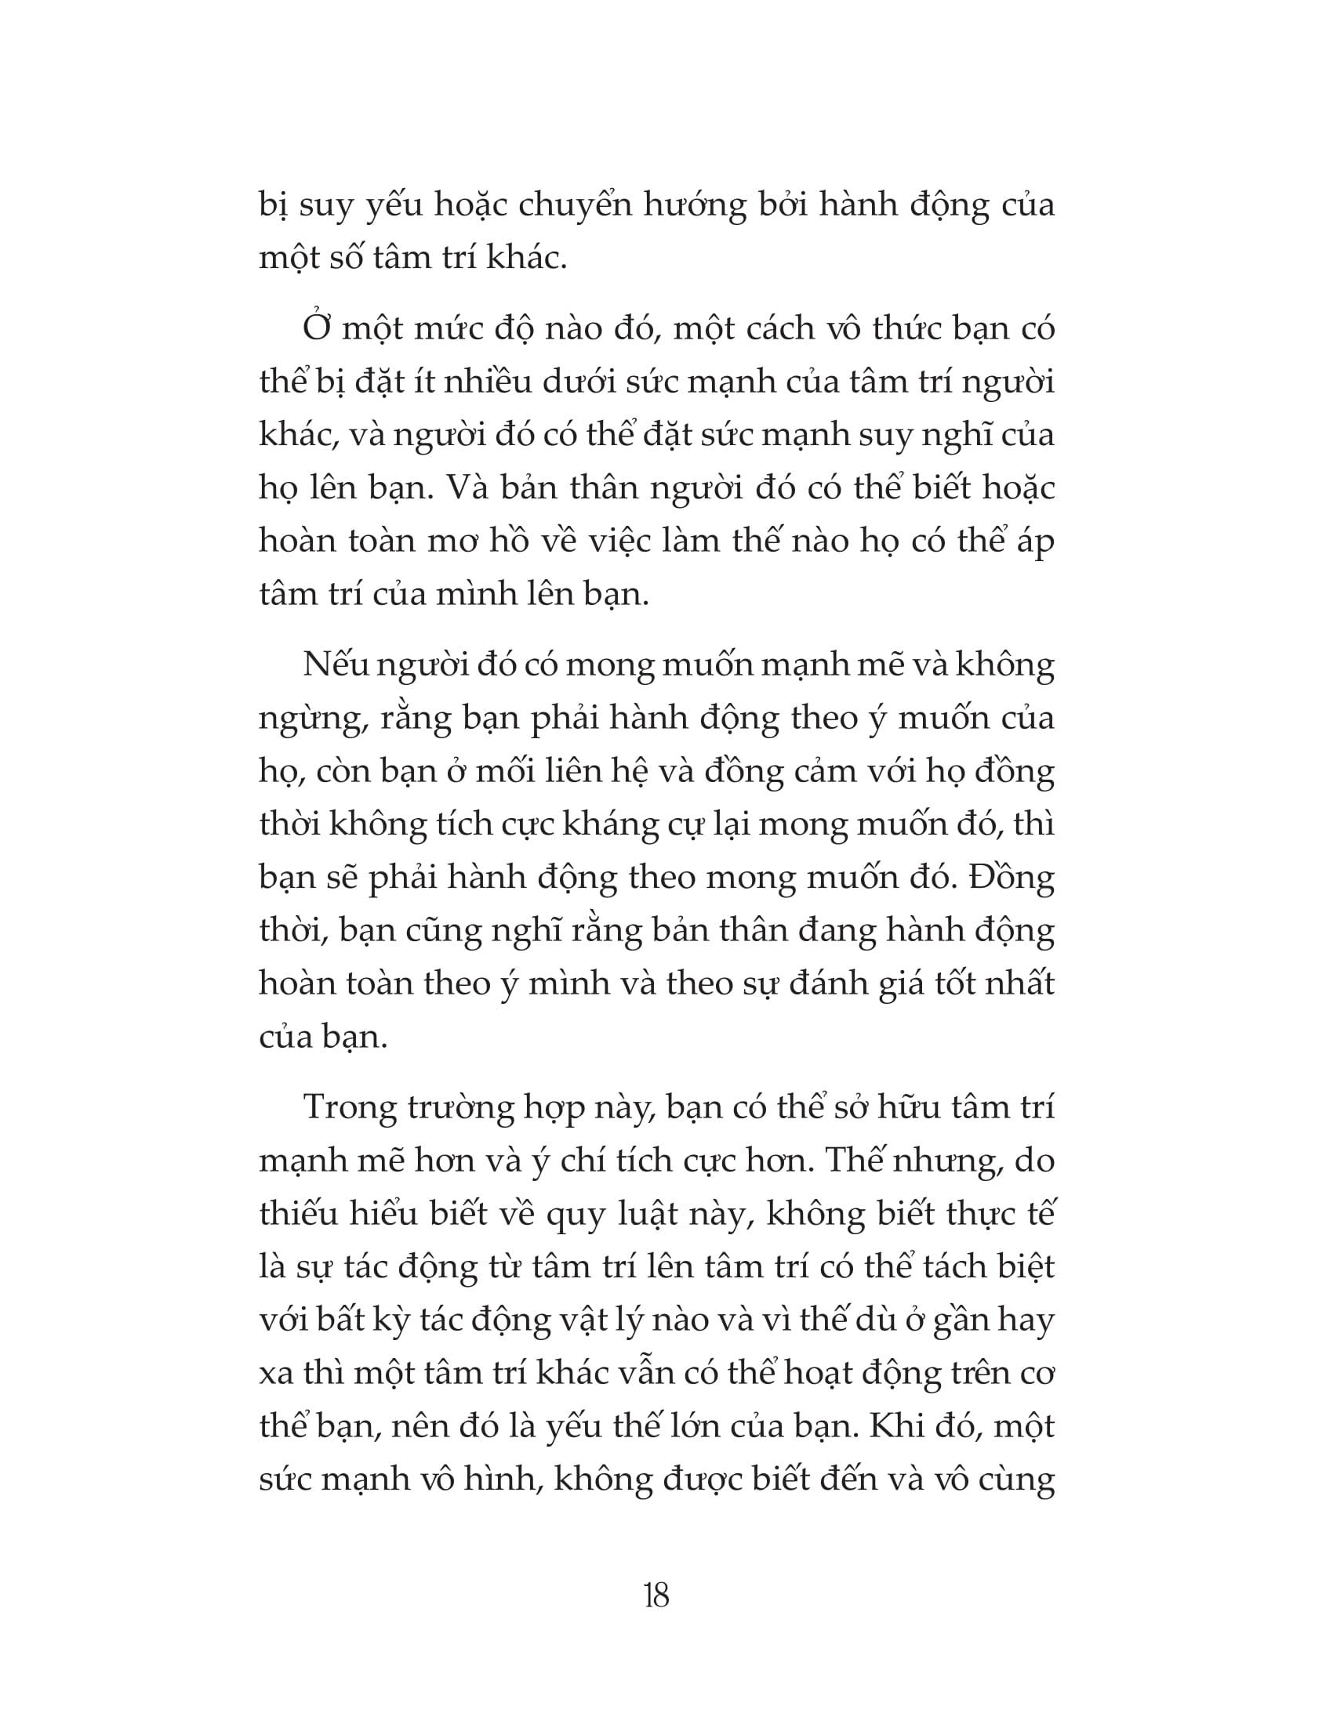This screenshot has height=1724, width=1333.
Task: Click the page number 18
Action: pyautogui.click(x=656, y=1596)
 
